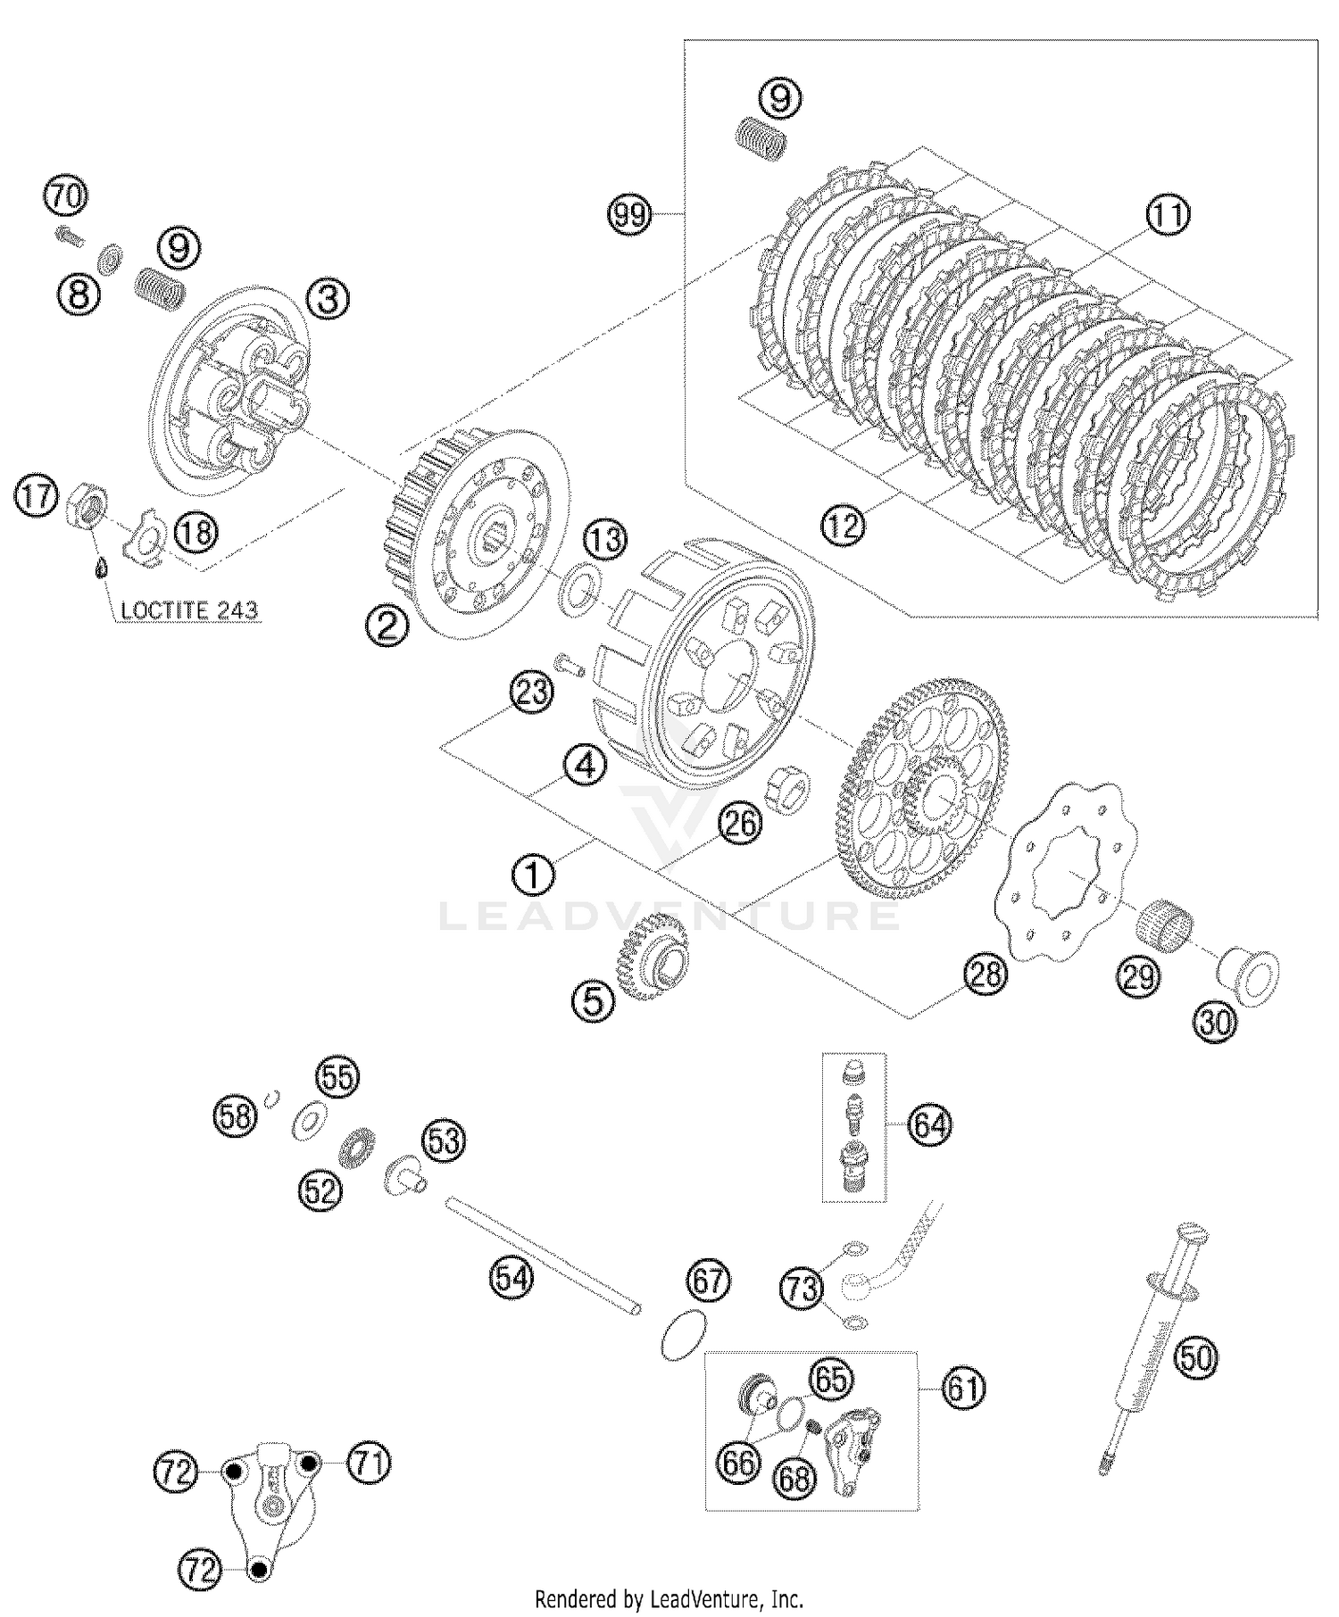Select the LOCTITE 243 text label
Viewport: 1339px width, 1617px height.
[x=188, y=610]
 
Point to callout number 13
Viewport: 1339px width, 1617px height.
[x=606, y=540]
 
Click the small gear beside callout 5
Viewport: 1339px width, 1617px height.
[x=654, y=960]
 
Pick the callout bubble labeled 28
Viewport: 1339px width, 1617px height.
[x=985, y=974]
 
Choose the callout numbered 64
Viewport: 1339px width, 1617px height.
[x=930, y=1125]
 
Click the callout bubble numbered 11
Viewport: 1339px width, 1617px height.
[x=1169, y=215]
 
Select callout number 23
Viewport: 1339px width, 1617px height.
[x=532, y=692]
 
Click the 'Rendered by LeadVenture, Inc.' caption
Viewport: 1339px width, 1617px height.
[x=669, y=1597]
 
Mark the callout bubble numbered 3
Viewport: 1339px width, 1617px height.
[x=329, y=299]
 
